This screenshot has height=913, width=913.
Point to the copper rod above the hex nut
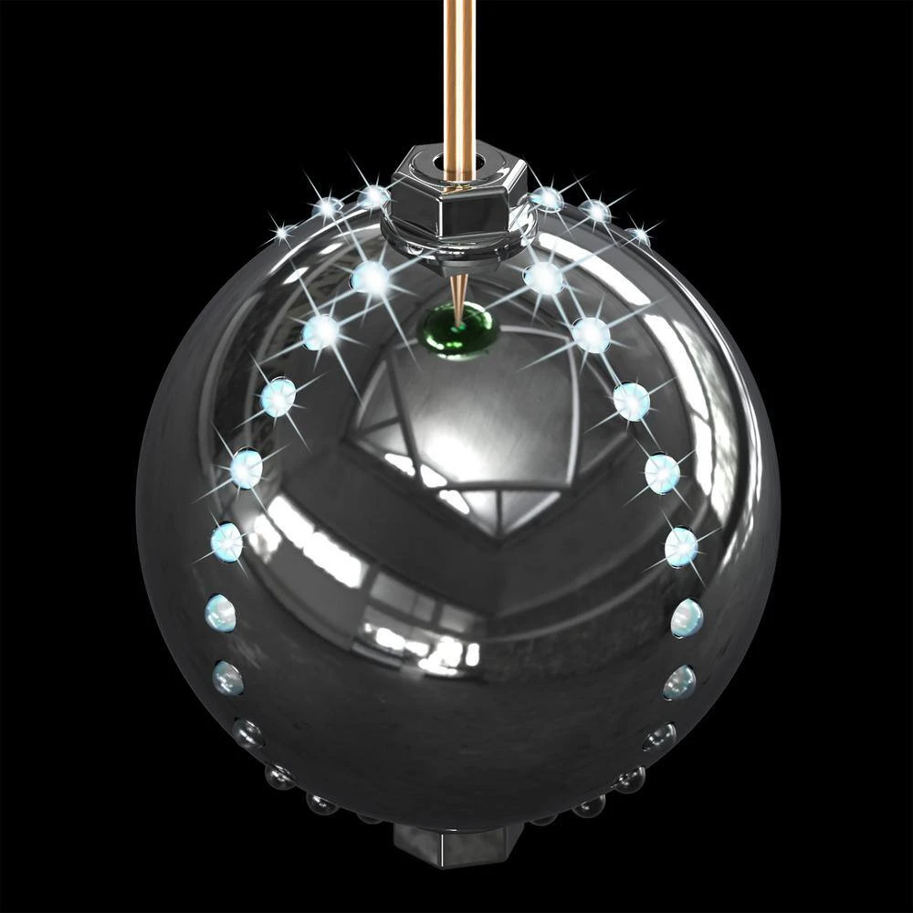point(458,73)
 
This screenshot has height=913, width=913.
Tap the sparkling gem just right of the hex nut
point(546,198)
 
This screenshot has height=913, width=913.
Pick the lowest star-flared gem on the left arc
point(226,542)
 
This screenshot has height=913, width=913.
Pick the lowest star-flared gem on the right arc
point(681,546)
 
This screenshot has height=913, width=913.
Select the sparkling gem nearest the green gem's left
point(372,278)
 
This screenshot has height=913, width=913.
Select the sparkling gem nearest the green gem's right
point(544,278)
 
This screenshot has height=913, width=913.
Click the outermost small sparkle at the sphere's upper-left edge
point(283,234)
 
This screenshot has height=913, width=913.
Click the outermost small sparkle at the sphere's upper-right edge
point(638,236)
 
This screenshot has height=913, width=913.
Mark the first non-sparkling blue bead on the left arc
point(220,613)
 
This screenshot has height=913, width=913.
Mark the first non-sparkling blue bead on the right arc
point(687,618)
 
